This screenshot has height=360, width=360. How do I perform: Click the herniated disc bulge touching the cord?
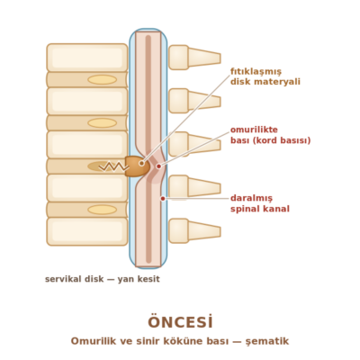click(137, 166)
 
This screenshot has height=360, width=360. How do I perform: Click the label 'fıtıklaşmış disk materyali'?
click(265, 76)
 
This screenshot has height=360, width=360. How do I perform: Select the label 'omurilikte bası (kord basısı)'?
click(270, 135)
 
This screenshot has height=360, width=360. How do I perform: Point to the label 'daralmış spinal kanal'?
click(260, 203)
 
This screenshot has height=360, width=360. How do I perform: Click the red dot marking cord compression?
click(158, 166)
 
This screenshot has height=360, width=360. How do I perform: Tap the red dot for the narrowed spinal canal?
click(163, 198)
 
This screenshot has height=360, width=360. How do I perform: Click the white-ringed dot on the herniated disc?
click(141, 163)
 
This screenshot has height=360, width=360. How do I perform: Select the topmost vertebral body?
click(87, 58)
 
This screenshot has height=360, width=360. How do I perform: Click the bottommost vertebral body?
click(87, 231)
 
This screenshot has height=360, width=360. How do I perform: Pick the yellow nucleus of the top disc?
click(102, 80)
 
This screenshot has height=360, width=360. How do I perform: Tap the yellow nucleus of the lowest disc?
click(102, 210)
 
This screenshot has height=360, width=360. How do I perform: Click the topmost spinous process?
click(194, 58)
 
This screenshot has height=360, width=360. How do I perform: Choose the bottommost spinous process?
click(194, 231)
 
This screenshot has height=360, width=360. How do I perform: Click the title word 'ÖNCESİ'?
click(180, 322)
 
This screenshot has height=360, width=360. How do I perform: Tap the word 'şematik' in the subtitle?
click(267, 341)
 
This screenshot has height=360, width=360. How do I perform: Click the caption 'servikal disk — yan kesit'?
click(103, 279)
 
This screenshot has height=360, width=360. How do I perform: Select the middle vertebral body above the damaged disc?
click(87, 144)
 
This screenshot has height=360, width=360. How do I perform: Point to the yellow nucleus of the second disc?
click(102, 123)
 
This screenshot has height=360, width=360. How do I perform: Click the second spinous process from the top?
click(194, 101)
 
